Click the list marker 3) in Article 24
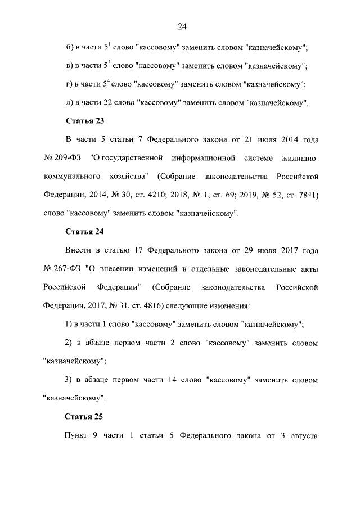(x=70, y=380)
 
